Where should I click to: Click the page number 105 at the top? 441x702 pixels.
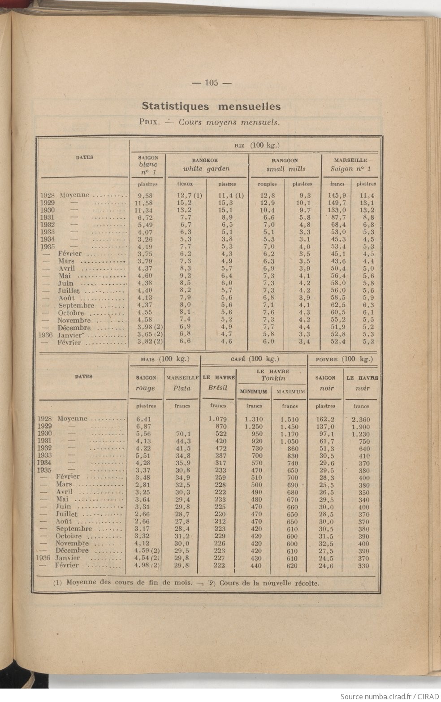tap(211, 82)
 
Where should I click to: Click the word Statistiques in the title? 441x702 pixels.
tap(175, 106)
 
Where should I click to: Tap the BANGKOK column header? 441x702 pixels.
tap(205, 160)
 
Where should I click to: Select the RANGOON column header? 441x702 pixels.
tap(285, 160)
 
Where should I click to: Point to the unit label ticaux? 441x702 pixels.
tap(185, 184)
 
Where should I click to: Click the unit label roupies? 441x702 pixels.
tap(267, 184)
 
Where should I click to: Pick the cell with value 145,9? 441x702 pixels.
tap(337, 195)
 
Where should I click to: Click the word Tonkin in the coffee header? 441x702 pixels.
tap(273, 378)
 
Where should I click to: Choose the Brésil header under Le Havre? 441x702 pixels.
tap(218, 388)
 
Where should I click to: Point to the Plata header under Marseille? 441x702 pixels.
tap(182, 388)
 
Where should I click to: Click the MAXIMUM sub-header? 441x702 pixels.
tap(290, 392)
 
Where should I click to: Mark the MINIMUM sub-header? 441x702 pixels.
tap(254, 392)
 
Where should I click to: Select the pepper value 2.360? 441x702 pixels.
tap(361, 420)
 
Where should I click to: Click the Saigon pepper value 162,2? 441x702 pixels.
tap(325, 420)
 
